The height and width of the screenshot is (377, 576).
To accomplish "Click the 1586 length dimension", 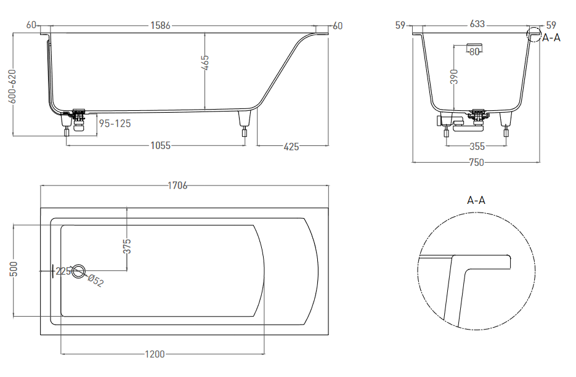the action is (x=161, y=25).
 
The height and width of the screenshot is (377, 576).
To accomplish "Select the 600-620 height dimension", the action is (x=12, y=86).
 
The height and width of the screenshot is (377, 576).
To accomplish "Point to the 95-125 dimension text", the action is (x=115, y=123).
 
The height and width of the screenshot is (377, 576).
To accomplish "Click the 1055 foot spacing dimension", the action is (x=161, y=145).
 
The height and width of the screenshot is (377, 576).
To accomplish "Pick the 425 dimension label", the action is (x=291, y=147).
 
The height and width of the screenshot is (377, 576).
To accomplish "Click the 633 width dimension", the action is (x=477, y=24).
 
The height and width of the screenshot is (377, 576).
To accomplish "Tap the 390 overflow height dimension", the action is (x=455, y=76).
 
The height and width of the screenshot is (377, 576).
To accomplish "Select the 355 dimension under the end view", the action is (x=477, y=146).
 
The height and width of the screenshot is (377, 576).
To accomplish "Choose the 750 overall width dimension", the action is (x=476, y=163).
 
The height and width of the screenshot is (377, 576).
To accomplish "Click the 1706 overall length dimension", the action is (x=178, y=185).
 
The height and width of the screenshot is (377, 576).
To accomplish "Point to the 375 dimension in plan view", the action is (x=127, y=246).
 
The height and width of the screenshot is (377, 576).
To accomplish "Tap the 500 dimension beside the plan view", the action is (x=13, y=269).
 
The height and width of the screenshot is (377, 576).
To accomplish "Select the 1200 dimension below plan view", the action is (x=155, y=354).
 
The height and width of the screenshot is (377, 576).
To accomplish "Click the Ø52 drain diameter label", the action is (x=95, y=280).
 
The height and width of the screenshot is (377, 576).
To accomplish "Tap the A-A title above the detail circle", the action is (x=476, y=200).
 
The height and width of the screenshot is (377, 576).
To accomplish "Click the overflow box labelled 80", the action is (x=474, y=47).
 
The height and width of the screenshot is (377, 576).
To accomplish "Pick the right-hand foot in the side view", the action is (x=245, y=123).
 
